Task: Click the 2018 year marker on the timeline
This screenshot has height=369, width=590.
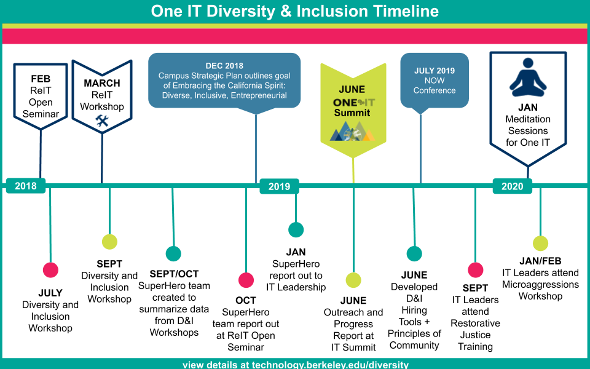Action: (26, 186)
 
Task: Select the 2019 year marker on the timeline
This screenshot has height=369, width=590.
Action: (279, 186)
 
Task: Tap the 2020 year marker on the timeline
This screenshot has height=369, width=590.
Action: (512, 186)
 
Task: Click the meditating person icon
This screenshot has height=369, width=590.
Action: (527, 77)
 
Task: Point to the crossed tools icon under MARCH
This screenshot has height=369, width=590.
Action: (102, 121)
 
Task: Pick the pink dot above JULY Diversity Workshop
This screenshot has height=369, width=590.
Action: (50, 270)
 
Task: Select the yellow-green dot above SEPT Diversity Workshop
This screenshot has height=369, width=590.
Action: (109, 241)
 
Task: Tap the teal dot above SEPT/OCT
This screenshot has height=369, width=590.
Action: (173, 253)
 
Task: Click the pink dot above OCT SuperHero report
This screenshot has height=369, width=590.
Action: (246, 280)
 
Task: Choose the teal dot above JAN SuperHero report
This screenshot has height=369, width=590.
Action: (296, 229)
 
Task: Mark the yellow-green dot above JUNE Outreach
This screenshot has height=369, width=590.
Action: (353, 280)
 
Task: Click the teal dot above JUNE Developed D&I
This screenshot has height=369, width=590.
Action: (414, 253)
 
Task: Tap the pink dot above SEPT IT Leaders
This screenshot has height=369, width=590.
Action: (476, 270)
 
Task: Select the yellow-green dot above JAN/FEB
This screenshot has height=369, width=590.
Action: (540, 244)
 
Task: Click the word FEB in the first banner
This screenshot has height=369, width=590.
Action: (41, 79)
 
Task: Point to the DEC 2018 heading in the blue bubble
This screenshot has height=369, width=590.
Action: (224, 66)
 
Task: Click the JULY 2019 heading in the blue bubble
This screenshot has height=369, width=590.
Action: (435, 70)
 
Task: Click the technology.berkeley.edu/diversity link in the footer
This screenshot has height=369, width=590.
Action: (330, 365)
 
